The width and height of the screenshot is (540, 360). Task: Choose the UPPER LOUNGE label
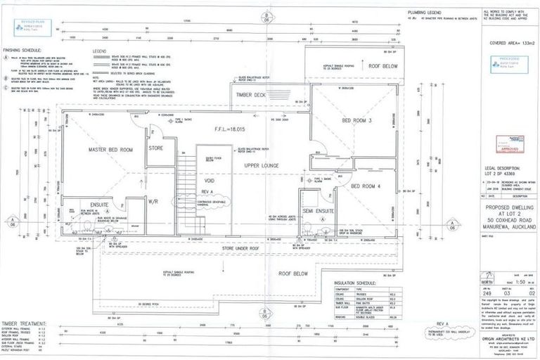[262, 165]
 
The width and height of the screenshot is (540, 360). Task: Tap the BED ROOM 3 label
[355, 120]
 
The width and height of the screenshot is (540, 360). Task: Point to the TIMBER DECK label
[251, 95]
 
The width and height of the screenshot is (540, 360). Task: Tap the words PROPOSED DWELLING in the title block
[506, 208]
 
